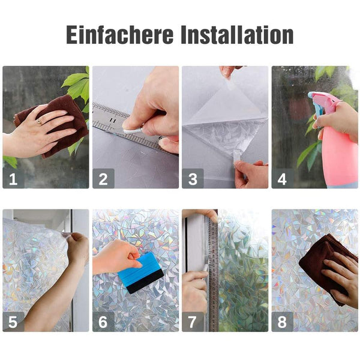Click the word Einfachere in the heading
point(119,34)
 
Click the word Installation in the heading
point(237,34)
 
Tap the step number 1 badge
point(13,178)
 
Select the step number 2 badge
point(103,178)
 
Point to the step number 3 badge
point(193,178)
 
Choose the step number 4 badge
point(282,178)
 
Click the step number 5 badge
point(13,322)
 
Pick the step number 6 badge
point(103,322)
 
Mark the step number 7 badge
point(193,322)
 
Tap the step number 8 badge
point(282,322)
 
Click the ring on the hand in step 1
point(40,122)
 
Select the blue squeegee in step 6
point(140,273)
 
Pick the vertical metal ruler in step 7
point(213,273)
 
